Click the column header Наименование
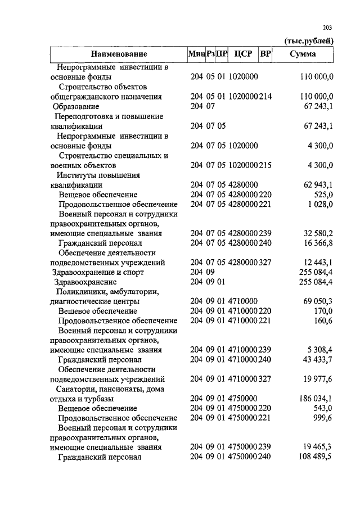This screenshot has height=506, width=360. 119,55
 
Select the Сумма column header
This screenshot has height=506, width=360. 302,55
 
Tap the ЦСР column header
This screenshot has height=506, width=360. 243,55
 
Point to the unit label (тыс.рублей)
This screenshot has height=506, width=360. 309,40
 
